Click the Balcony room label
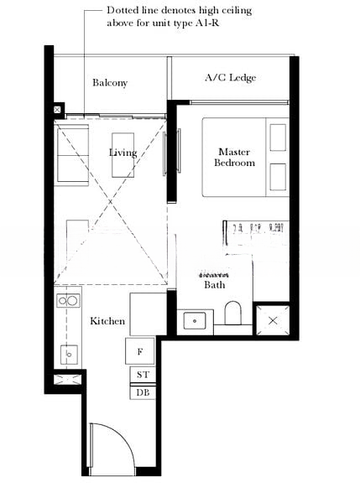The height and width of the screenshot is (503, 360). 110,83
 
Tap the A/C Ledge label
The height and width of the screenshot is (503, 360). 230,78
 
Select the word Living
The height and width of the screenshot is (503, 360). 123,153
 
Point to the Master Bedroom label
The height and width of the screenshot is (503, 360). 234,157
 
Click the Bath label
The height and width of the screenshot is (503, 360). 215,285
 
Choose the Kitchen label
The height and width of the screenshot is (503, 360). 107,321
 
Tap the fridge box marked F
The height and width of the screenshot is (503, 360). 140,350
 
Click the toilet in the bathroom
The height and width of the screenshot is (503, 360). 233,314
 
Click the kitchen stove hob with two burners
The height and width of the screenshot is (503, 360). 67,299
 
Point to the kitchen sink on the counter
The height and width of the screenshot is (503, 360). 67,354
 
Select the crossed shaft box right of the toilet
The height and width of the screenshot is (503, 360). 273,320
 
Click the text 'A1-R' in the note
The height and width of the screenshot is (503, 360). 218,23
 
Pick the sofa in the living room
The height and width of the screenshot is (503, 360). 70,153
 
